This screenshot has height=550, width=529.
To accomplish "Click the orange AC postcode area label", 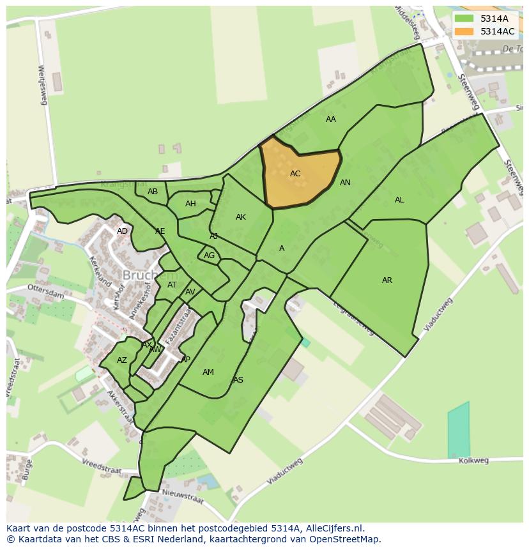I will [295, 174].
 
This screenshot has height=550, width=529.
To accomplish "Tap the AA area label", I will [331, 119].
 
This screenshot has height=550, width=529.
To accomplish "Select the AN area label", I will [345, 183].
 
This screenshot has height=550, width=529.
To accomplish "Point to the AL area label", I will [399, 200].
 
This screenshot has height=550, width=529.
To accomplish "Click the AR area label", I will [387, 280].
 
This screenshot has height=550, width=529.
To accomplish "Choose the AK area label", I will [241, 217].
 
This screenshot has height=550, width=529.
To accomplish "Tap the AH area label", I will [190, 204].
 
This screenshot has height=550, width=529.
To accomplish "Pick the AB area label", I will [153, 192].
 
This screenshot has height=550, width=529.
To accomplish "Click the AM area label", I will [208, 372].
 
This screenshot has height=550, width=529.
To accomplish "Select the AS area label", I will [238, 380].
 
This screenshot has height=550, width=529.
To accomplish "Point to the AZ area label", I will [122, 360].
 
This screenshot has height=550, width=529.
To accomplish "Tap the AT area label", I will [172, 285].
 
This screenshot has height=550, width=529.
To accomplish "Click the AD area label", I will [122, 231].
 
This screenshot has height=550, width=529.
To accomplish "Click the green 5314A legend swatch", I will [464, 19].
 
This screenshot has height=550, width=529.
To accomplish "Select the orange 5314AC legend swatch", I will [464, 31].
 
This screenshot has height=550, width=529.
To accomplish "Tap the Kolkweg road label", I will [474, 460].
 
